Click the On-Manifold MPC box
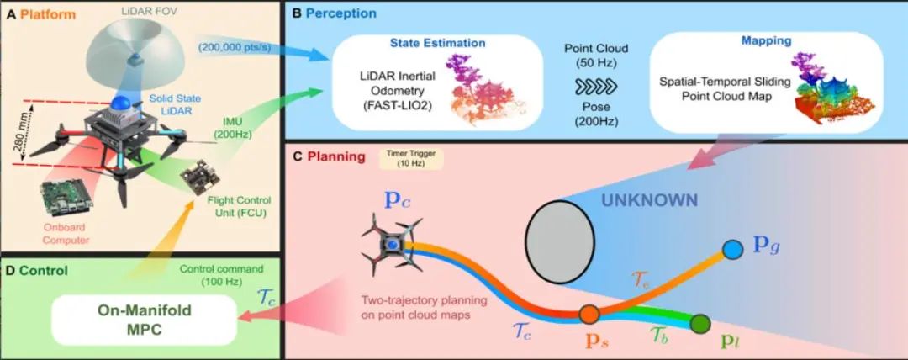pyautogui.click(x=145, y=319)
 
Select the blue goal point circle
pyautogui.click(x=732, y=249)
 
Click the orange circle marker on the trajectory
pyautogui.click(x=589, y=314)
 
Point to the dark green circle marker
pyautogui.click(x=700, y=322)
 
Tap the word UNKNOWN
pyautogui.click(x=648, y=200)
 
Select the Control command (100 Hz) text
pyautogui.click(x=220, y=275)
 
